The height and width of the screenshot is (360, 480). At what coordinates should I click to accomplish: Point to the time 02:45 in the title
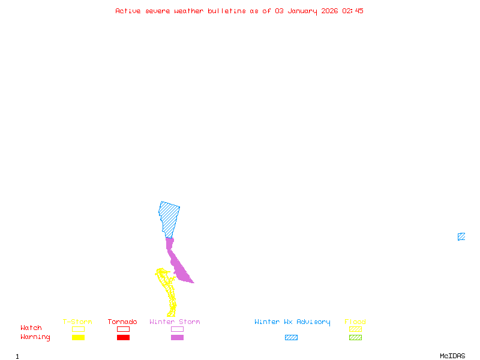click(x=353, y=11)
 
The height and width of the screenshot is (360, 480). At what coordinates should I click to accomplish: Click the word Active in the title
click(x=128, y=11)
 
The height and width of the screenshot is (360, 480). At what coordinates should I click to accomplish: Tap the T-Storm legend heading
click(x=77, y=322)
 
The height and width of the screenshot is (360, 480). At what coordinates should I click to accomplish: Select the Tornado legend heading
click(x=122, y=322)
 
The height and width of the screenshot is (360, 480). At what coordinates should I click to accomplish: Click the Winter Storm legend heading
click(x=175, y=322)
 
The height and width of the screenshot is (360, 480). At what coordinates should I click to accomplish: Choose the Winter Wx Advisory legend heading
click(x=292, y=322)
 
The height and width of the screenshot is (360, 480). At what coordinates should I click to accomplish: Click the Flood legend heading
click(x=355, y=322)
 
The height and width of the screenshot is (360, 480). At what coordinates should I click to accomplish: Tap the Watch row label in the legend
click(x=31, y=328)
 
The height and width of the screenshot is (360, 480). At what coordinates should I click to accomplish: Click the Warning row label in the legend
click(x=35, y=337)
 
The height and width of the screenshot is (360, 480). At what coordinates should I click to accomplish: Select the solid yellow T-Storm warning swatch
click(x=78, y=338)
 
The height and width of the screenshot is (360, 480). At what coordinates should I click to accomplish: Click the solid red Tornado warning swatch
click(x=123, y=338)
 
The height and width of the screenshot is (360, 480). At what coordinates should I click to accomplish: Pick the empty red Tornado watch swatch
click(x=123, y=329)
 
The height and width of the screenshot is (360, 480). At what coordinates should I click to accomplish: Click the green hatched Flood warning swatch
click(x=355, y=338)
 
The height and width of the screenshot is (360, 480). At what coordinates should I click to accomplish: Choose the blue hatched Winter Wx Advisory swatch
click(x=291, y=338)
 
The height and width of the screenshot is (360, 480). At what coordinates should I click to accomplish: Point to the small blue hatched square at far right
click(x=461, y=236)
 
